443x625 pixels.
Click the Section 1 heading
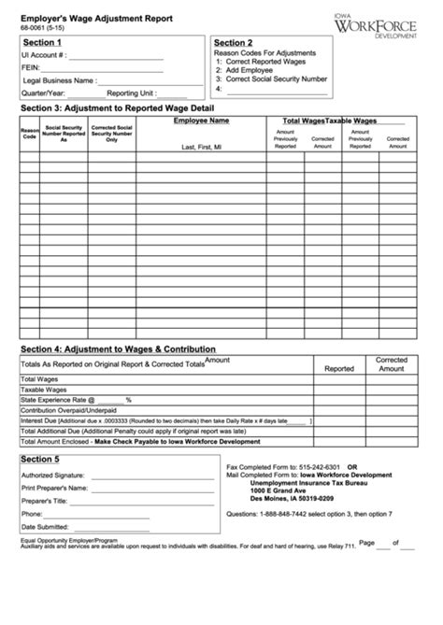(x=42, y=43)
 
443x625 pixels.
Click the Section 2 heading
(x=233, y=43)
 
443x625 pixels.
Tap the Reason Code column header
(x=29, y=134)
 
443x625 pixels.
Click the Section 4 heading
(x=118, y=348)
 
